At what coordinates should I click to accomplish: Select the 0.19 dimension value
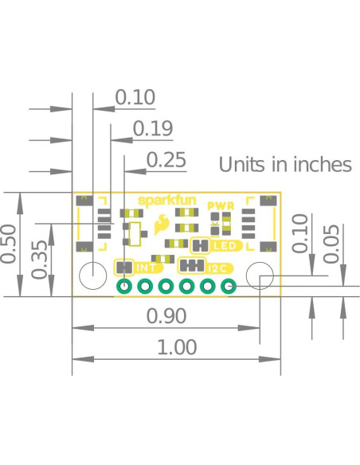click(x=152, y=128)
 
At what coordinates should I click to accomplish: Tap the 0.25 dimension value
click(x=166, y=160)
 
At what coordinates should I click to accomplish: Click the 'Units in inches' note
click(x=285, y=165)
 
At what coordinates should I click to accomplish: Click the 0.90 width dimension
click(x=167, y=316)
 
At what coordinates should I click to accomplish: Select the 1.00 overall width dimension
click(x=176, y=348)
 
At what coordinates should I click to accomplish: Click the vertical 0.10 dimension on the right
click(x=300, y=233)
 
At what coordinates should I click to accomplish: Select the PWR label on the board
click(x=220, y=205)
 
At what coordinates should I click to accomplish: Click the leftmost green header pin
click(x=125, y=287)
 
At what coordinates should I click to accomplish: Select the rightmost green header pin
click(x=229, y=287)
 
